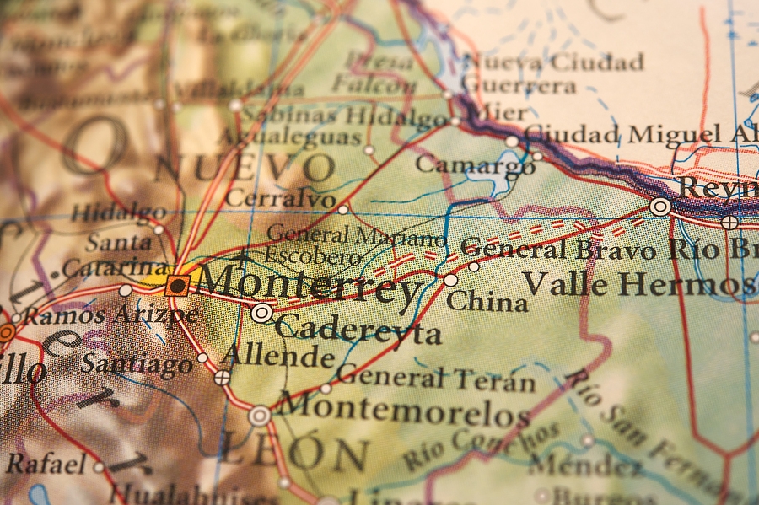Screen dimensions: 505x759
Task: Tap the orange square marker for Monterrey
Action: (x=177, y=285)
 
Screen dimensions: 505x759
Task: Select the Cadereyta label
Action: (x=358, y=330)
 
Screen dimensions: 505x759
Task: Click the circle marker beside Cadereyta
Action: (x=261, y=314)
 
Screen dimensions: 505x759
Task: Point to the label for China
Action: (x=487, y=301)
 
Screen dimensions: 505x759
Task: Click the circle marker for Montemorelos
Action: (x=260, y=416)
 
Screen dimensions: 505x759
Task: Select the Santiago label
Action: (x=137, y=364)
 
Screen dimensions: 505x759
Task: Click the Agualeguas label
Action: (x=290, y=137)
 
